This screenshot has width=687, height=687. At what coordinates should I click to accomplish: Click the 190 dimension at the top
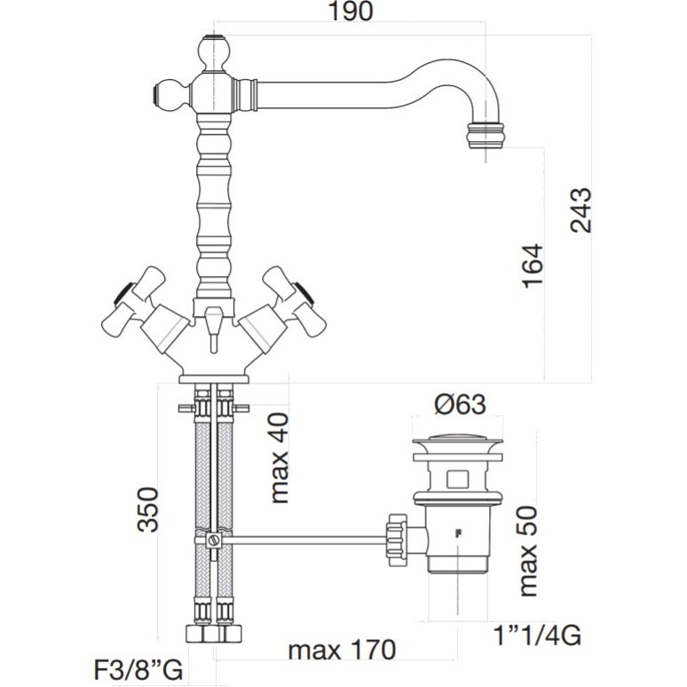coord(350,11)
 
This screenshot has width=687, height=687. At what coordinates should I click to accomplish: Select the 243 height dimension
coord(580,210)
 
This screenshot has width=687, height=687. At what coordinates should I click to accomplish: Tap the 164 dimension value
coord(533,266)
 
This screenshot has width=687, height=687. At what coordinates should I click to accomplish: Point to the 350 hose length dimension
coord(147,509)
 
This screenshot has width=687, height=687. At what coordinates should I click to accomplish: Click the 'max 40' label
coord(280,458)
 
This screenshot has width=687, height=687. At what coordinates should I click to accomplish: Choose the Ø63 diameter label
coord(460,405)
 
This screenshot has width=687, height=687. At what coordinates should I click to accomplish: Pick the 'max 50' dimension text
coord(527,550)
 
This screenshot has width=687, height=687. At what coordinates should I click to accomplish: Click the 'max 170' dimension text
coord(342,650)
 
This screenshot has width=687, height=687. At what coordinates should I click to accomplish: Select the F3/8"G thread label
coord(138,670)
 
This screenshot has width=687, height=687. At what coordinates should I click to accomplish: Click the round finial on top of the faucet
coord(213,52)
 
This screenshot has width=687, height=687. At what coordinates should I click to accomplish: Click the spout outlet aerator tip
coord(485,136)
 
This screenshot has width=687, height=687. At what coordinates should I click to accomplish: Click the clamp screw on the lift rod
coord(214,540)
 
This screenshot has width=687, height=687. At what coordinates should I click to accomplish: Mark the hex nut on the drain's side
coord(398,541)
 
